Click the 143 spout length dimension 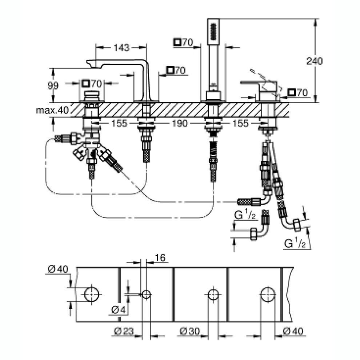tap(121, 48)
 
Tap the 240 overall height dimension tap(315, 61)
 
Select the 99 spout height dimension tap(53, 86)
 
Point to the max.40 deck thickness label tap(52, 111)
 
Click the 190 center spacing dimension tap(180, 123)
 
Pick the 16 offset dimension tap(160, 257)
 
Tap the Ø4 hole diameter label tap(119, 310)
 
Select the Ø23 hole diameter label tap(124, 331)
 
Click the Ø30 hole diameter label tap(190, 331)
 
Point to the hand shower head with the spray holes tap(213, 32)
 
